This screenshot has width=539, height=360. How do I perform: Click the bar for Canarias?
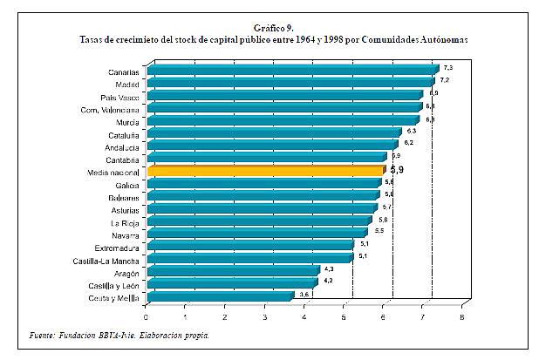[x=292, y=71]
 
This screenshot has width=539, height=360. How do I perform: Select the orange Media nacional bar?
[x=265, y=172]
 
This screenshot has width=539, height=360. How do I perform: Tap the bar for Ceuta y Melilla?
[x=220, y=297]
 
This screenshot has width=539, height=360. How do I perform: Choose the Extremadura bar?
[x=249, y=247]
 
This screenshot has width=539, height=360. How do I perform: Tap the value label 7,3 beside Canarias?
[x=447, y=66]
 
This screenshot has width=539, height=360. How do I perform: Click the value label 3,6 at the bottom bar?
[x=304, y=295]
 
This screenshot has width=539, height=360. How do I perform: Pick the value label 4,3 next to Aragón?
[x=329, y=268]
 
